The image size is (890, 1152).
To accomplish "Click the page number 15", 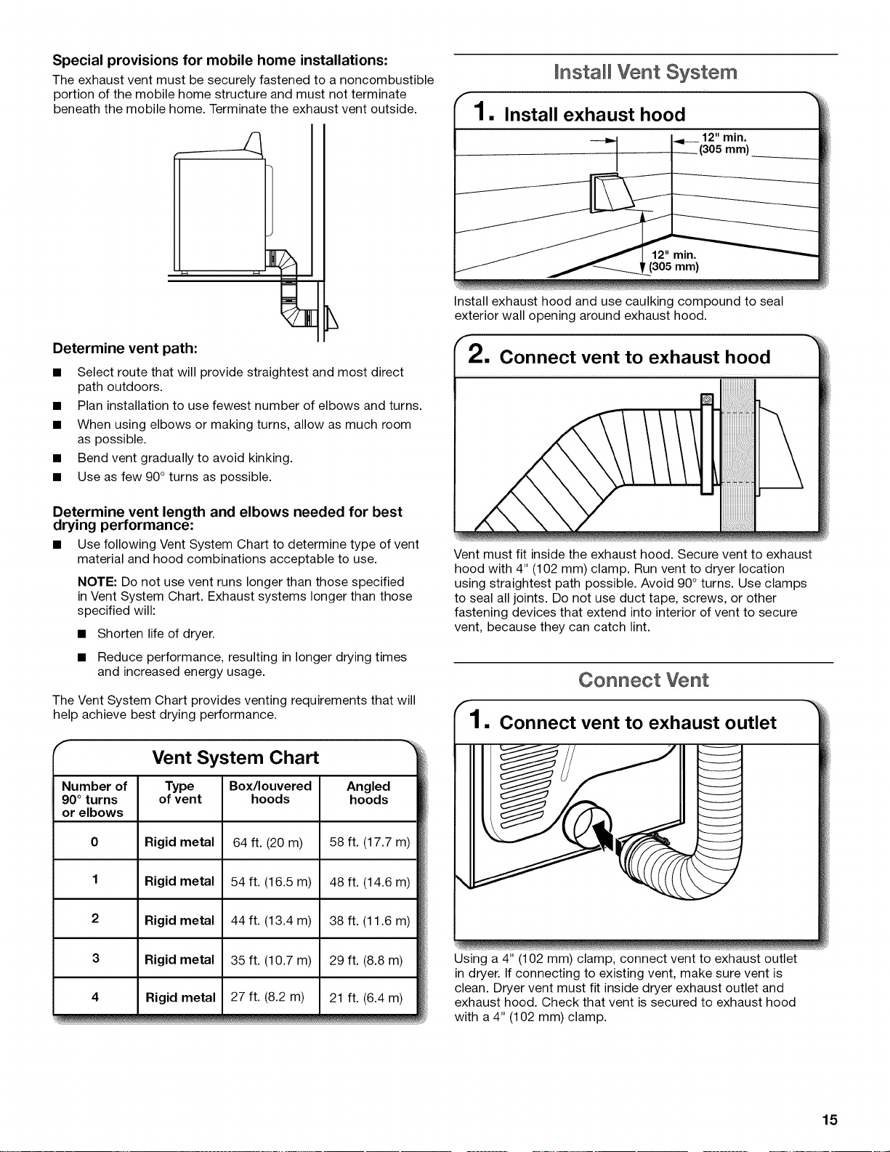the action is pos(830,1119).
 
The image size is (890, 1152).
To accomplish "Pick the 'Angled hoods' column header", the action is pos(368,792).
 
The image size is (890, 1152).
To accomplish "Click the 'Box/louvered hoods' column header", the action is pos(270,792).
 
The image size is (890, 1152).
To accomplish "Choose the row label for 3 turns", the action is pos(95,958).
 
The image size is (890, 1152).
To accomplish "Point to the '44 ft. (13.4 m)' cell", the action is pos(271,920).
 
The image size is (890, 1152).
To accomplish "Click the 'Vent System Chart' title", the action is pos(235,757).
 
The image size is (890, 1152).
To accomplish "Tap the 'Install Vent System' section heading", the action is pos(645,72).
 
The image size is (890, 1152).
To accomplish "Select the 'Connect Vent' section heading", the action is pos(644,680).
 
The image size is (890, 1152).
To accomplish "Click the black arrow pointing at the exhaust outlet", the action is pos(606,835).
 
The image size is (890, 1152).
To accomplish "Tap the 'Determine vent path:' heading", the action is pos(125,348).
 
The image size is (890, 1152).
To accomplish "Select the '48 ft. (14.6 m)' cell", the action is pos(368,881).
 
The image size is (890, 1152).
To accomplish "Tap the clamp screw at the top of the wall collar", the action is pos(707,399).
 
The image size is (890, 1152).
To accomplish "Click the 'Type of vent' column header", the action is pos(180,792).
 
